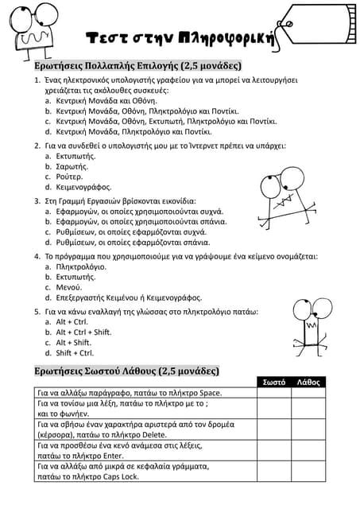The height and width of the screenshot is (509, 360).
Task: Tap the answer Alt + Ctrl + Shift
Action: [x=83, y=332]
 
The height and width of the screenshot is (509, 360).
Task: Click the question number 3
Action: [x=37, y=201]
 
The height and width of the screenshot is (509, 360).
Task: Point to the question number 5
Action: [x=37, y=311]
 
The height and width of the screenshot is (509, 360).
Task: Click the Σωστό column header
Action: [x=274, y=383]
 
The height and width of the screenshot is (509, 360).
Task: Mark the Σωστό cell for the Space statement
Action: [x=274, y=393]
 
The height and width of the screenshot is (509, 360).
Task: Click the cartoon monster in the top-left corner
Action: [x=36, y=29]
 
